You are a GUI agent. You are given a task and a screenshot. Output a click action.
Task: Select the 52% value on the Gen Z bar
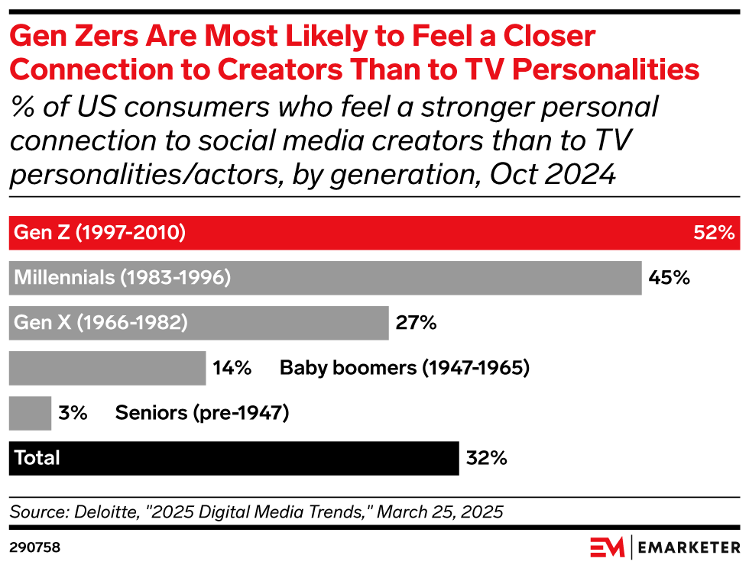tap(713, 233)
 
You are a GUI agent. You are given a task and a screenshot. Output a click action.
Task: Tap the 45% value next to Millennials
tap(669, 278)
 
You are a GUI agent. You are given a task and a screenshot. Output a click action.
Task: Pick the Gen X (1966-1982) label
tap(101, 323)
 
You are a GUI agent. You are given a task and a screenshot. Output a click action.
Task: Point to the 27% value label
tap(416, 323)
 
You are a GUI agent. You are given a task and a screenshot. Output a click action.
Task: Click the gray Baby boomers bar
tap(107, 368)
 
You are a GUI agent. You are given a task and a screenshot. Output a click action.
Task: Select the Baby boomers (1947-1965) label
tap(404, 368)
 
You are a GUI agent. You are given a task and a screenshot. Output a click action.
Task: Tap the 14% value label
tap(232, 368)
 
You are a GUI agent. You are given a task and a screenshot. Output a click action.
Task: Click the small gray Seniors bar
tap(30, 413)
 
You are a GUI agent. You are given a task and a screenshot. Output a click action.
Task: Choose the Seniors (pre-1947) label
tap(202, 413)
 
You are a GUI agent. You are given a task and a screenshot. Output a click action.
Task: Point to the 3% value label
tap(73, 413)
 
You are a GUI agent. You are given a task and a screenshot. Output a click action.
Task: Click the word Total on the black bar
tap(37, 458)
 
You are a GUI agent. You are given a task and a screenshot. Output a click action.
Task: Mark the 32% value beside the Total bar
tap(486, 458)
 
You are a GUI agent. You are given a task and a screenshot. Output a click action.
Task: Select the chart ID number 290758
tap(34, 547)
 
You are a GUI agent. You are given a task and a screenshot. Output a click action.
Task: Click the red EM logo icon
tap(606, 547)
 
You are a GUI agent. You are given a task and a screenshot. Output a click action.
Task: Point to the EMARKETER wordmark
tap(689, 547)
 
